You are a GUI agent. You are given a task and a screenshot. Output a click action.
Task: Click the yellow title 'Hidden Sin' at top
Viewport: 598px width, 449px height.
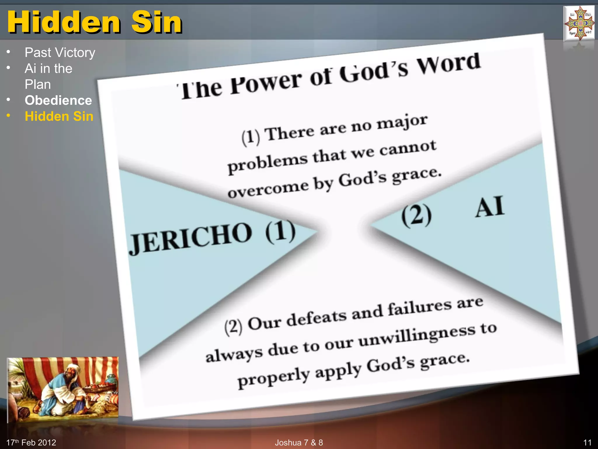coord(95,22)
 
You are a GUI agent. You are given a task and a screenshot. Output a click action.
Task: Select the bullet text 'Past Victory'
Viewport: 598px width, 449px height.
coord(60,53)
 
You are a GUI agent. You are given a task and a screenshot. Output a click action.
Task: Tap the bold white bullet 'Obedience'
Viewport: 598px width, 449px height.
coord(58,100)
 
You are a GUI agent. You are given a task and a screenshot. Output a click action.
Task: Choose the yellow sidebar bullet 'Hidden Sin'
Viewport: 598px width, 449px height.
coord(59,116)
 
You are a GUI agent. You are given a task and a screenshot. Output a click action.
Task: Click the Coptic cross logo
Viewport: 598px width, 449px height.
coord(580,23)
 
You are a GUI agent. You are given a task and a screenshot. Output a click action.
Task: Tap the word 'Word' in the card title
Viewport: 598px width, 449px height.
coord(448,64)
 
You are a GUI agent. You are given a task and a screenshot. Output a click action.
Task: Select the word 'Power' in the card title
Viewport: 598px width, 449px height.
coord(266,83)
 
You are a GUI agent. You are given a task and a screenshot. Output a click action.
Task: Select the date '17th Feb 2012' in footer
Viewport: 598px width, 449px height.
coord(31,443)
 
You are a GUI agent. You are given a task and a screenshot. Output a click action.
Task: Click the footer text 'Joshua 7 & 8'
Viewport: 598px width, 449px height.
coord(299,443)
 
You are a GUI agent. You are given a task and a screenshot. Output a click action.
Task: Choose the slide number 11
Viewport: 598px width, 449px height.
coord(587,443)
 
